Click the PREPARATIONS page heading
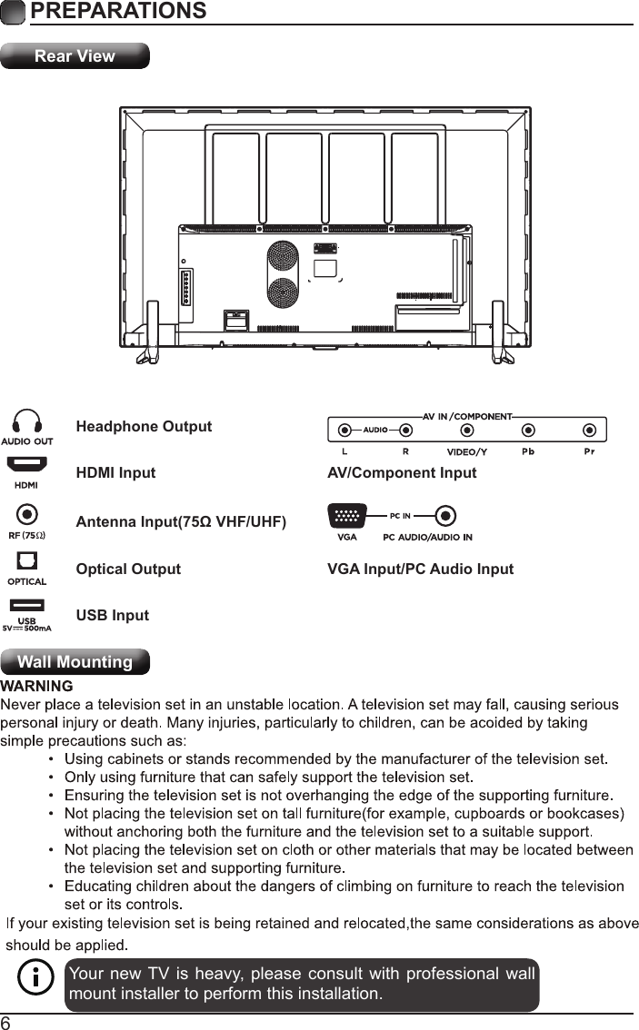click(117, 12)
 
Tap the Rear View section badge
click(75, 56)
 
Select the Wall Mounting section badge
click(75, 662)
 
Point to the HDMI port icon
click(27, 465)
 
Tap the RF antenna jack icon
click(27, 515)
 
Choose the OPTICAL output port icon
click(27, 561)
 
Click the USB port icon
click(27, 606)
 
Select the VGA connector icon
click(346, 516)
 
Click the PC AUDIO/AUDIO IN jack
click(444, 516)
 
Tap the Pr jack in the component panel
click(590, 430)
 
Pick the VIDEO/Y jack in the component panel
click(467, 430)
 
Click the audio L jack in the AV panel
click(344, 430)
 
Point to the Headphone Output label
click(144, 427)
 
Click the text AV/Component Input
click(401, 473)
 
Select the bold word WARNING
click(36, 686)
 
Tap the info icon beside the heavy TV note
click(35, 982)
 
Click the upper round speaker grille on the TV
click(284, 254)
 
